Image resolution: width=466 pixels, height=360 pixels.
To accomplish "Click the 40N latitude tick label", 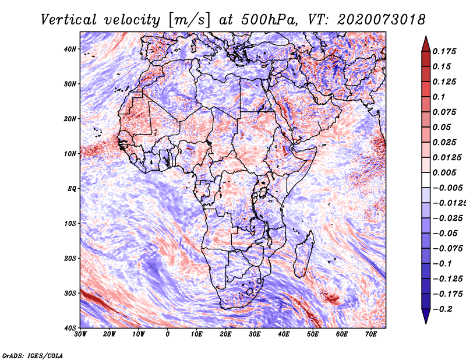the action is [x=70, y=49].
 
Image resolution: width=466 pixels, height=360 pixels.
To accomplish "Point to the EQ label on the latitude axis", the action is [x=72, y=189].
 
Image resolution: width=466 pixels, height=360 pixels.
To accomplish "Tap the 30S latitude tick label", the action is [x=70, y=293].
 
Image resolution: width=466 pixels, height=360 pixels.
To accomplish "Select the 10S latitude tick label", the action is [x=70, y=223].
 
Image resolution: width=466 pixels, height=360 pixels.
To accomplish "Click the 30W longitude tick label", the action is [x=80, y=334].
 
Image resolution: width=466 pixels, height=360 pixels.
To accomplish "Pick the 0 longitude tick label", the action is [x=168, y=334].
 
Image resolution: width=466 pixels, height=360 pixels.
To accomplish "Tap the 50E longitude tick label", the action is [x=313, y=334].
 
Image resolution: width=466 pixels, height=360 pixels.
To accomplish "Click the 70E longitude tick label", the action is [x=371, y=334].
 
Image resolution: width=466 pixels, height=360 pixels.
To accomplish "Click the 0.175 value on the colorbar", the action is [x=444, y=51].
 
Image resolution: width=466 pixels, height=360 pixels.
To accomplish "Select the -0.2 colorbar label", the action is [x=442, y=309].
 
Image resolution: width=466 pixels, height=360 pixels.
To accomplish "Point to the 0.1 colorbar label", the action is [x=439, y=97].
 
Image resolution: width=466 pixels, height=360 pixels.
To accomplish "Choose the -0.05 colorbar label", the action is [x=444, y=234].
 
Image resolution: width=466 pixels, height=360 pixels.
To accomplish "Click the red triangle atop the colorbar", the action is [x=426, y=44].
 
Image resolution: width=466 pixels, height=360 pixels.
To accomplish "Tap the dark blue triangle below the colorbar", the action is [x=426, y=316].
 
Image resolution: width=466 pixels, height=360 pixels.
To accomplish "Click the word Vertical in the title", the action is [x=68, y=20].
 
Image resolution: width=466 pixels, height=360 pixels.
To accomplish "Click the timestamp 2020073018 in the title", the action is [x=381, y=20].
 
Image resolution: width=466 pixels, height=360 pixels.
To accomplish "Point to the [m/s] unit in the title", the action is [x=189, y=20].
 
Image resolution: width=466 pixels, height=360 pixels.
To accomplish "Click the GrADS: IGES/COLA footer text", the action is [x=33, y=355].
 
